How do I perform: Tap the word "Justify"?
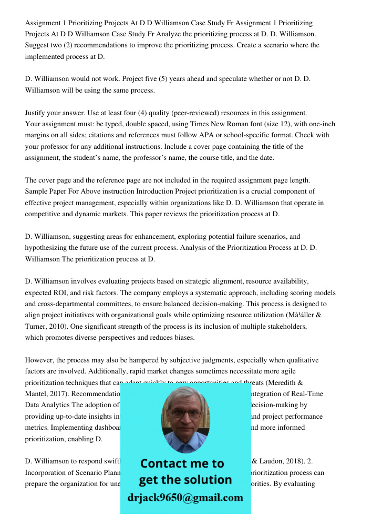(35, 113)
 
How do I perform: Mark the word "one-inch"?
(322, 125)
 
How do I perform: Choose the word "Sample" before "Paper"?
(36, 191)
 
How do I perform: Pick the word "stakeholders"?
(286, 327)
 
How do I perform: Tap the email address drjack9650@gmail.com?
(185, 498)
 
